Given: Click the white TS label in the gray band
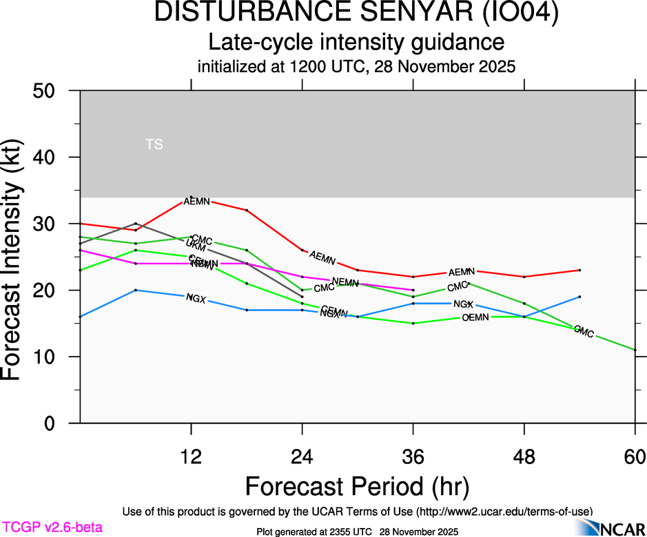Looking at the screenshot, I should pos(154,145).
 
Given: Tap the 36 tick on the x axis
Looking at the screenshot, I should pos(413,456).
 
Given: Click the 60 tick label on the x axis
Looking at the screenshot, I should pos(635,456).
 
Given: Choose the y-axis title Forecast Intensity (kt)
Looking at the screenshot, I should pos(17,256).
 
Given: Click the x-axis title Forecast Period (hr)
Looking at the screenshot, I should pos(357,486).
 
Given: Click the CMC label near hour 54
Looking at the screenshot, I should pos(584,332).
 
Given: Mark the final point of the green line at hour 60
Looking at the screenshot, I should pos(635,350).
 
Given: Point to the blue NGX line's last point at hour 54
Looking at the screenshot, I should pos(579,297).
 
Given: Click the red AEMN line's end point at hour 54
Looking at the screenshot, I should pos(579,270).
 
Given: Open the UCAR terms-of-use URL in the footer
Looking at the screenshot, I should pos(502,512).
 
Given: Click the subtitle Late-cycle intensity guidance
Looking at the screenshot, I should pos(356,42).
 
